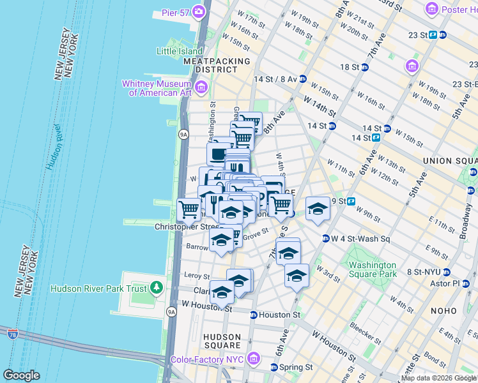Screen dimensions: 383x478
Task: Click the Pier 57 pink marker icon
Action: pos(199,11)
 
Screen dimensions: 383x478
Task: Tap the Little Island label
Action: pos(181,51)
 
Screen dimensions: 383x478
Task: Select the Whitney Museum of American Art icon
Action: pos(201,86)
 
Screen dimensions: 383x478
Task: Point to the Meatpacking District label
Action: pos(217,65)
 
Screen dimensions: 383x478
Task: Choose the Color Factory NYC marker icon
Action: pos(253,359)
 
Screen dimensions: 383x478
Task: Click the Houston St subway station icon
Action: pos(254,315)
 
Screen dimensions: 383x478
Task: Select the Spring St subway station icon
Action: pos(274,368)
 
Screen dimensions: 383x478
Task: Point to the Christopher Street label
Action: pos(187,227)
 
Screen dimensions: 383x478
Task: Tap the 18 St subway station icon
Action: pos(365,67)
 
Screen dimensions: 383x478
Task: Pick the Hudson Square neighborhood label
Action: pos(222,342)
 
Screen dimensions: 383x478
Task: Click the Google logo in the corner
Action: pos(21,375)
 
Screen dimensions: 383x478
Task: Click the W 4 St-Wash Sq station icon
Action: pos(325,239)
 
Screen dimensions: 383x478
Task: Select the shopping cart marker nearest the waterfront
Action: pos(189,208)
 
